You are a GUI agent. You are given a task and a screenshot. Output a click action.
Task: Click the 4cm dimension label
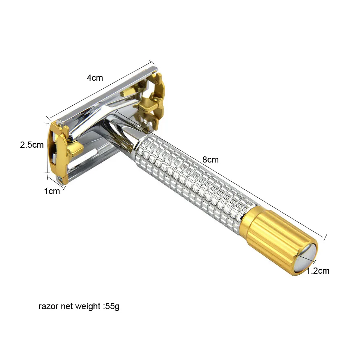94,78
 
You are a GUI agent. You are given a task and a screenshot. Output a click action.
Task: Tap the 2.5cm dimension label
32,145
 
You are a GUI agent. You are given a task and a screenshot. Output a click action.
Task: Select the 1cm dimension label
52,191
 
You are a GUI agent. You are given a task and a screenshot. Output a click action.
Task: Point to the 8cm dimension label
210,160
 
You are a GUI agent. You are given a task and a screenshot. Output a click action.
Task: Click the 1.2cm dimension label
318,270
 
